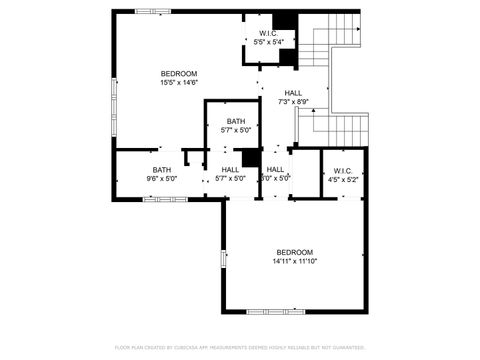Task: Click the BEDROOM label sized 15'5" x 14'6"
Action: pos(179,73)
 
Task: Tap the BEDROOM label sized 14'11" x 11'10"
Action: pos(295,251)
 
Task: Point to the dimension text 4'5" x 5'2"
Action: pos(343,180)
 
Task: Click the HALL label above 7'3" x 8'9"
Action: pos(293,93)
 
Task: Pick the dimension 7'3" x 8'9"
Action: pos(293,102)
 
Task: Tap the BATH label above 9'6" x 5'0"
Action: pos(162,170)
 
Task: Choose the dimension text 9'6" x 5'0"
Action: pos(162,180)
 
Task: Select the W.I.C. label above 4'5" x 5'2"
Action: pos(343,170)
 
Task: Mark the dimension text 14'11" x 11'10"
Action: pos(295,261)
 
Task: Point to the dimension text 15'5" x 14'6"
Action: pos(179,83)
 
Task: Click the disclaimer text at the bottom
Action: pos(240,347)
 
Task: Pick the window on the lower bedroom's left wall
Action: pos(223,257)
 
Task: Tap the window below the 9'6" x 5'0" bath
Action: pos(165,199)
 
